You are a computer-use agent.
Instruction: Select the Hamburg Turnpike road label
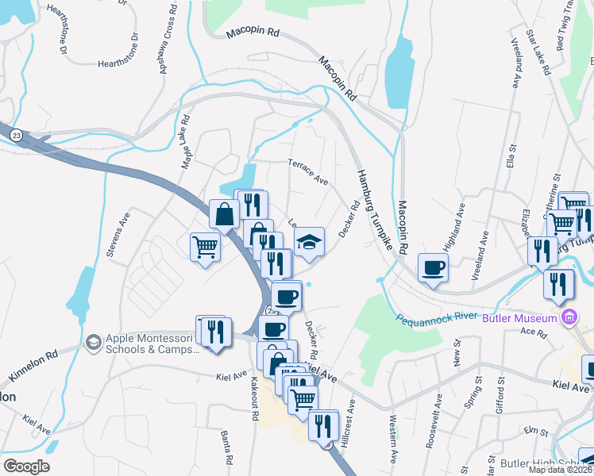coord(376,211)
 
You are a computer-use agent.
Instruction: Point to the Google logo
coord(25,466)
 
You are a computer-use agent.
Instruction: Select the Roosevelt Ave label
coord(429,431)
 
